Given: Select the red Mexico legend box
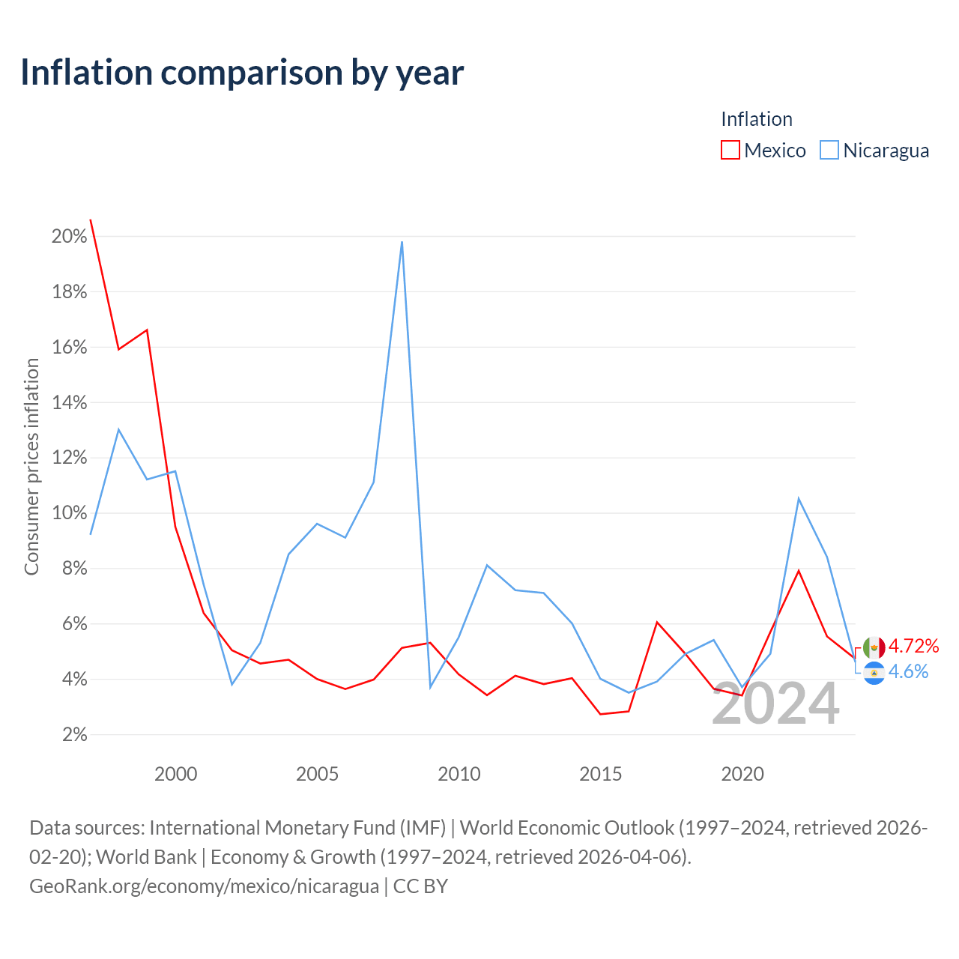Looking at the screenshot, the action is (730, 150).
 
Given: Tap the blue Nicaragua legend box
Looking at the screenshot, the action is (829, 150).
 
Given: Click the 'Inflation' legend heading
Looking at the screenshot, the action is (757, 119).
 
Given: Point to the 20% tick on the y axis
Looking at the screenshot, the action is (70, 237).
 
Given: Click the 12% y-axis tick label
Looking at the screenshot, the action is (70, 458).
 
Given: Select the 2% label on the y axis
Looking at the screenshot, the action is (75, 734).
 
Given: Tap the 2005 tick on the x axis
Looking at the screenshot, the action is (317, 775).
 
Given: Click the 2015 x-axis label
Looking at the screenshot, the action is (601, 775).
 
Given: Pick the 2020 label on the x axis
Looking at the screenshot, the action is (742, 775).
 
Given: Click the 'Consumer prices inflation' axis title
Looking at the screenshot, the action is (31, 467).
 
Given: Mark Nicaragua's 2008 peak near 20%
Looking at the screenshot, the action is (402, 242).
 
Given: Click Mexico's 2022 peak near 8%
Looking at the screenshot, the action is (799, 571).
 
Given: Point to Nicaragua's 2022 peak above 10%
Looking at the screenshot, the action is (799, 499).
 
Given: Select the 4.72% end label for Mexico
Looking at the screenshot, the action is (914, 646).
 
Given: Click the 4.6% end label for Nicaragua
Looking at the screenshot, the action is (909, 672).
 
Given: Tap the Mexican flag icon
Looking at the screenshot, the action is (874, 648).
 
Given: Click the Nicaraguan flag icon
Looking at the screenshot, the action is (874, 674).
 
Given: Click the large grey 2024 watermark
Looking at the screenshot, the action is (776, 704).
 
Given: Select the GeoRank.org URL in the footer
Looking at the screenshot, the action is (204, 886).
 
